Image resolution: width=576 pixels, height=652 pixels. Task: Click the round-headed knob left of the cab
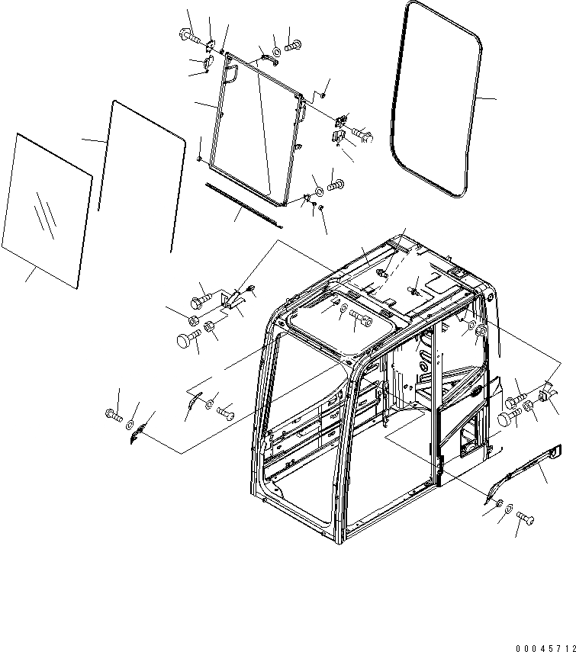[186, 341]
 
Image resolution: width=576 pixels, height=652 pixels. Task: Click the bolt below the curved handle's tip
[525, 518]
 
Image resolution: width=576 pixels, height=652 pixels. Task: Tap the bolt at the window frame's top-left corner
[188, 34]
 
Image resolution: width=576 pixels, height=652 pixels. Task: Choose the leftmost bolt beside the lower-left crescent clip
[113, 416]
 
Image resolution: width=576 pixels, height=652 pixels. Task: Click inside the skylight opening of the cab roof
[336, 320]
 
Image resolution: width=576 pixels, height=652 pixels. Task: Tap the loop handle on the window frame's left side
[232, 73]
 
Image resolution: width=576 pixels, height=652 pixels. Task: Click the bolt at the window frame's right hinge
[362, 135]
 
